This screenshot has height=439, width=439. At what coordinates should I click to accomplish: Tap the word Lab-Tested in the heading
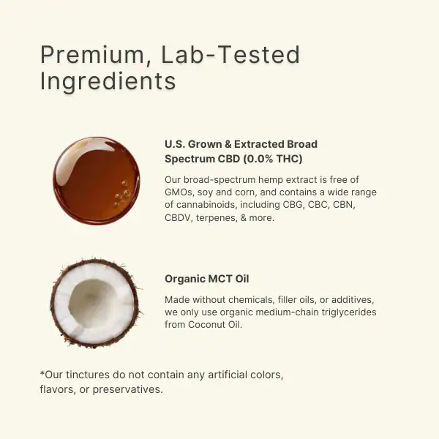point(230,54)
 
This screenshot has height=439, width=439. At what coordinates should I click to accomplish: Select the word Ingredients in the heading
point(108,82)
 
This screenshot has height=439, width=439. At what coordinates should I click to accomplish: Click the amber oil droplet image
point(96,181)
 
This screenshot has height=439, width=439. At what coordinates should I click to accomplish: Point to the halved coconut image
point(95,303)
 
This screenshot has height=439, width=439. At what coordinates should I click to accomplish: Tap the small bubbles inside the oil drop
point(121,194)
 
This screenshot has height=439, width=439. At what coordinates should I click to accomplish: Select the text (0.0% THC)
point(273,159)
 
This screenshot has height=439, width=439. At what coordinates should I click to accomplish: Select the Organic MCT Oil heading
point(206,279)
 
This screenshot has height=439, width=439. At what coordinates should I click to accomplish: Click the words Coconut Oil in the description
point(214,324)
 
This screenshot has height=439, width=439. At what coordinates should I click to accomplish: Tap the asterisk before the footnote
point(42,373)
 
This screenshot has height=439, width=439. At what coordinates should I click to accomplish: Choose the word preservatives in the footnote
point(127,389)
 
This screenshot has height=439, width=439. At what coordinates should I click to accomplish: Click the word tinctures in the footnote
point(88,375)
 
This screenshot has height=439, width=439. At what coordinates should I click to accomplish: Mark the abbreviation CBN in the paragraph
point(344,205)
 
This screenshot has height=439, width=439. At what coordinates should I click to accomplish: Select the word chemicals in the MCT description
point(251,300)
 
